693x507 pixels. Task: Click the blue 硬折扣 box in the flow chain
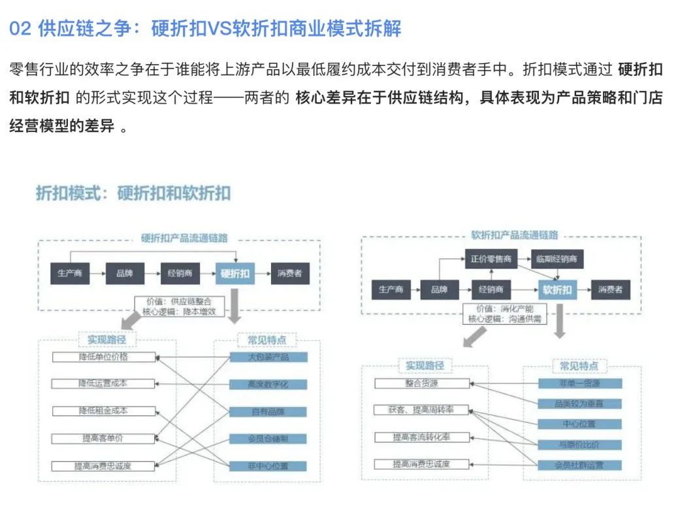tap(236, 274)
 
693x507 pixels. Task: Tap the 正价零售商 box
tap(489, 259)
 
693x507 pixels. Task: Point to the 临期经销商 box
tap(556, 259)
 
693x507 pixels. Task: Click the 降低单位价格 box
tap(104, 357)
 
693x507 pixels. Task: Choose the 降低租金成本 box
tap(104, 411)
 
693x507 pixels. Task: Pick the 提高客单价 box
tap(104, 438)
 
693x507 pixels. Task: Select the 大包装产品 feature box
tap(268, 357)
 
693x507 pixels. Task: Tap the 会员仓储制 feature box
tap(268, 438)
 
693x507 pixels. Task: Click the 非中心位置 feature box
tap(268, 466)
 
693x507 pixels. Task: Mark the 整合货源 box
tap(421, 384)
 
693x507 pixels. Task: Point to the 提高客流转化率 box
tap(421, 437)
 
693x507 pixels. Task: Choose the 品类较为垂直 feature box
tap(580, 404)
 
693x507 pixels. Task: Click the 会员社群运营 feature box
tap(580, 465)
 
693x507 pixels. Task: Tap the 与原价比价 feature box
tap(580, 444)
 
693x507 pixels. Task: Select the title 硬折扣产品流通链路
tap(180, 239)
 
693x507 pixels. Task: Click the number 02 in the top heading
tap(20, 29)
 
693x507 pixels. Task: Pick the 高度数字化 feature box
tap(268, 384)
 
